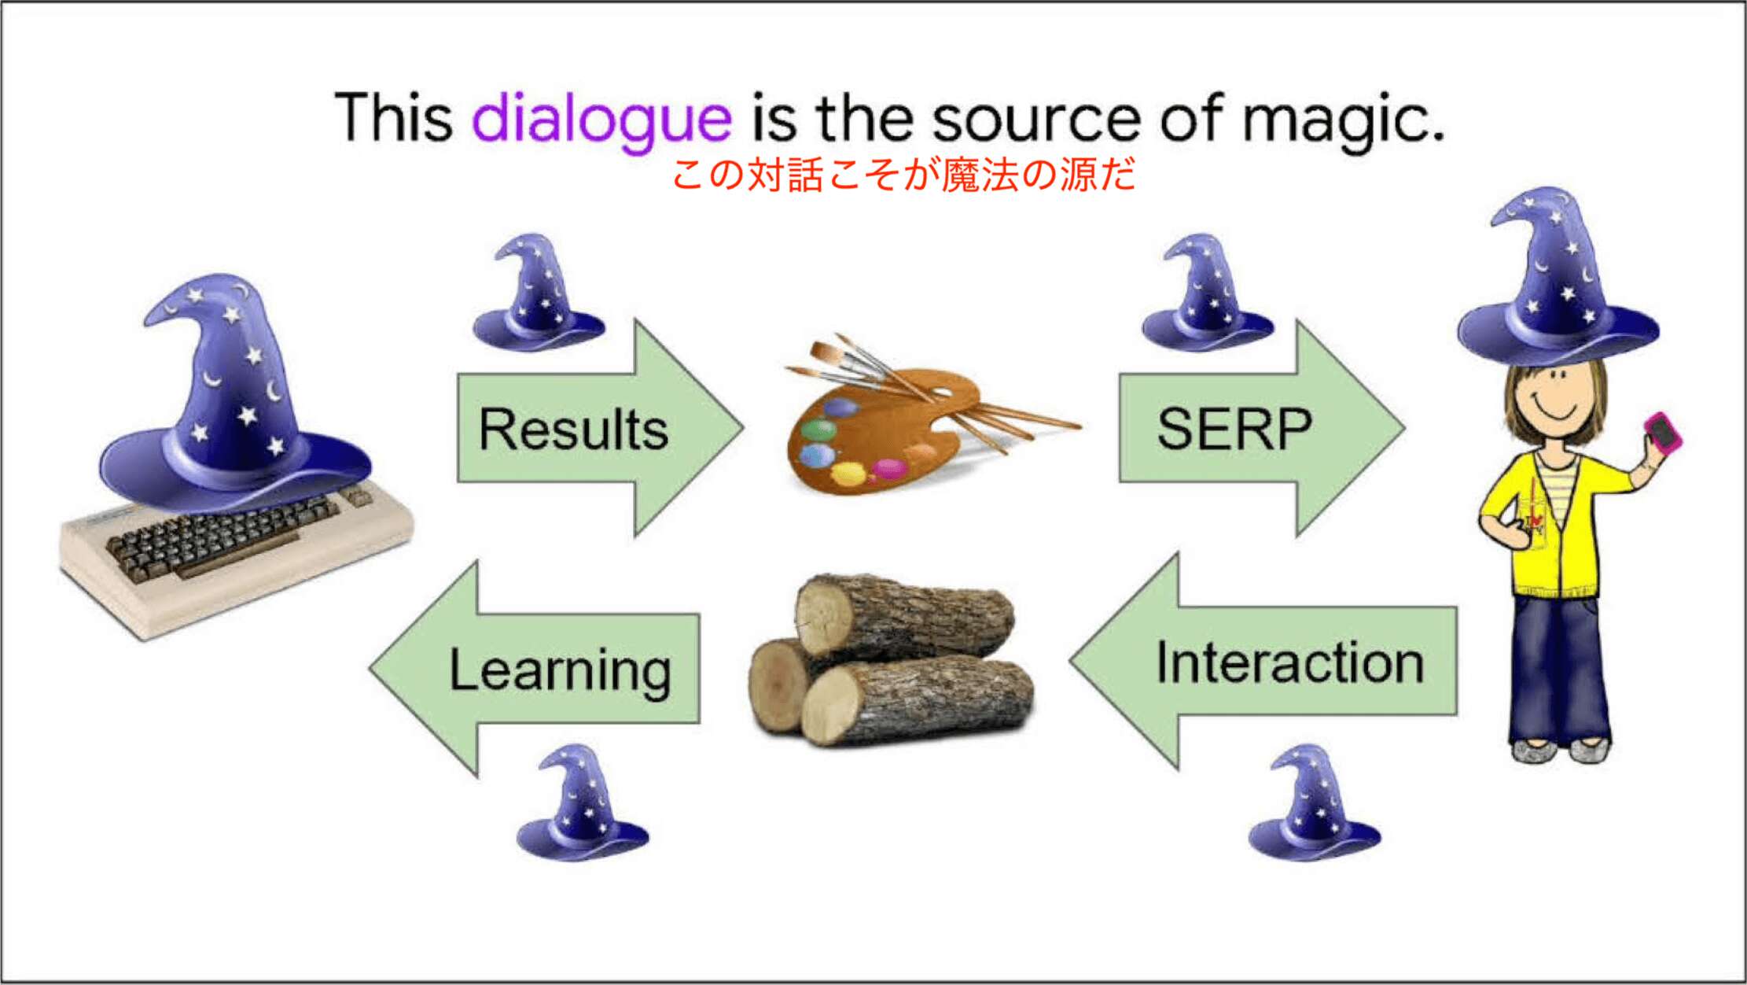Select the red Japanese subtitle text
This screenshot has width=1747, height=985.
(x=904, y=175)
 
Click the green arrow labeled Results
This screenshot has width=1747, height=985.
(x=600, y=429)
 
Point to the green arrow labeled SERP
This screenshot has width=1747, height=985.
(x=1261, y=429)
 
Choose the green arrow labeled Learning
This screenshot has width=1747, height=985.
(x=535, y=669)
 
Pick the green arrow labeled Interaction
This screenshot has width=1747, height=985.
(x=1263, y=661)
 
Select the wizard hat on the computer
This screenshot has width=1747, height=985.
(x=236, y=389)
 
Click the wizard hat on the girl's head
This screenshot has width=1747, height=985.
(x=1558, y=275)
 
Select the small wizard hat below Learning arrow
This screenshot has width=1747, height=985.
(x=583, y=802)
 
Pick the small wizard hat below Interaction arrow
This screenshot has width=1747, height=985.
(x=1315, y=802)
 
